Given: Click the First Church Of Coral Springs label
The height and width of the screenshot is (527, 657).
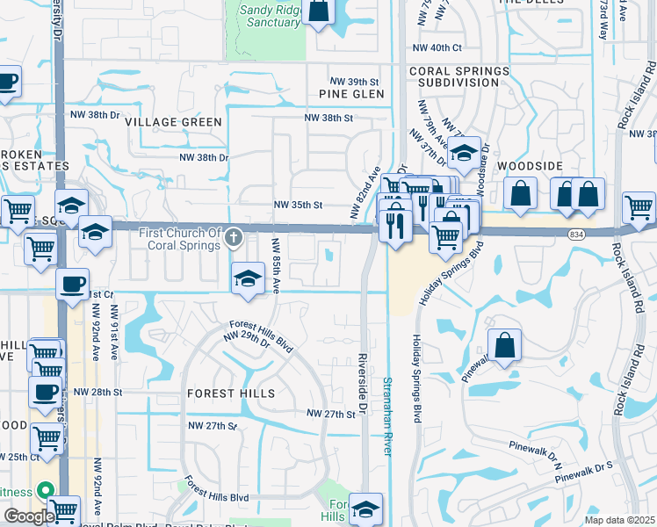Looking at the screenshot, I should pos(179,238).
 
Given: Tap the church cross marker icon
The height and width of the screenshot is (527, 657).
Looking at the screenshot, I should pos(234,237).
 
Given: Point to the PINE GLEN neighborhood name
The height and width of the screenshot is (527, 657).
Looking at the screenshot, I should pos(352,94).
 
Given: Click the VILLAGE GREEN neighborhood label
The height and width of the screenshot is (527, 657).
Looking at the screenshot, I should pos(173,122).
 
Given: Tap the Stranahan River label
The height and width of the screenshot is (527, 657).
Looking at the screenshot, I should pos(386,415).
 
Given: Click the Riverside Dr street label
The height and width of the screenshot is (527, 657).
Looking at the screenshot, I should pos(362,386).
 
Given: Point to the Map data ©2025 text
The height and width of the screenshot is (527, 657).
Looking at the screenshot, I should pos(620,520).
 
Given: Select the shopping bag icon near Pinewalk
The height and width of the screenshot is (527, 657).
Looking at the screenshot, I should pos(505,346).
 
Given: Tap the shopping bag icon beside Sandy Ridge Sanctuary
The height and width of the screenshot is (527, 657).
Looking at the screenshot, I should pos(319,11).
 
